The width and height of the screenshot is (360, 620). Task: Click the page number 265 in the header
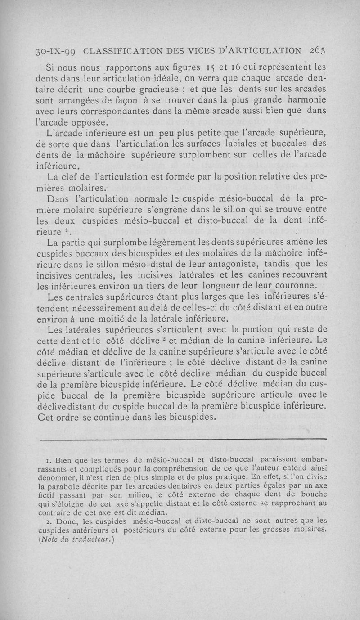(x=317, y=50)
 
